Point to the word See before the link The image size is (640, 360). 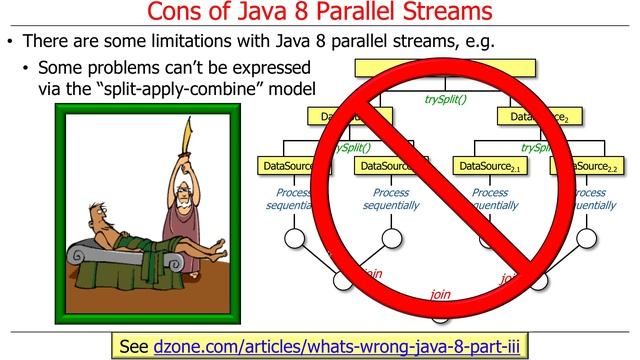click(133, 346)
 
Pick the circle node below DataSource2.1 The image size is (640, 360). click(488, 237)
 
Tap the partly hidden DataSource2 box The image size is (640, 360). click(535, 117)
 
